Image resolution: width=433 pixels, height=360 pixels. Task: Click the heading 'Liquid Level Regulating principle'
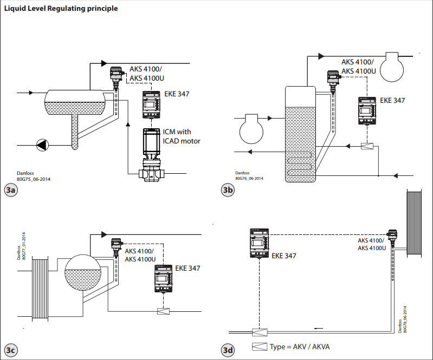61,9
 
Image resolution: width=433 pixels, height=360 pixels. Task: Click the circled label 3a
11,190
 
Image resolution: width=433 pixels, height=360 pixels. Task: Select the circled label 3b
228,190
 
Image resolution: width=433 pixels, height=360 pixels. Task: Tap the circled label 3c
11,350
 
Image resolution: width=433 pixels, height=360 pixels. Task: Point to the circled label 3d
228,350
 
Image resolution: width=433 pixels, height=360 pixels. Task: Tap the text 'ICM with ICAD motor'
182,136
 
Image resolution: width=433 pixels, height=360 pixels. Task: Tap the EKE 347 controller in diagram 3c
164,282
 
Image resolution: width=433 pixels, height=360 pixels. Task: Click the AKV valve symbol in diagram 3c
163,311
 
